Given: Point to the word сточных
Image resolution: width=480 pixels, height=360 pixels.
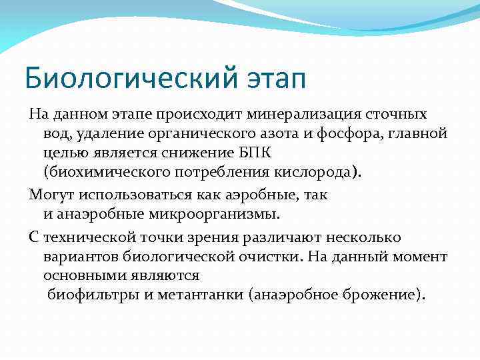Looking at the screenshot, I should [397, 115].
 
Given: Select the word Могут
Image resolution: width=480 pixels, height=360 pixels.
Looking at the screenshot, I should [51, 195].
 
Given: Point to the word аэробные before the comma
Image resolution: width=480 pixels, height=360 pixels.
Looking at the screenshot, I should [256, 195].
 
